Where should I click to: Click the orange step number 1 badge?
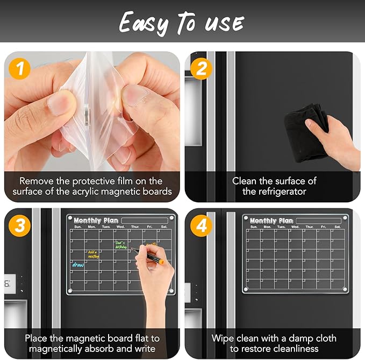coord(19,69)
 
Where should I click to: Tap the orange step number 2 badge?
coord(202,69)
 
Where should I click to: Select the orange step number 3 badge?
coord(19,226)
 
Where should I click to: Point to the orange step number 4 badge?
coord(202,226)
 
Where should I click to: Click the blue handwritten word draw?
coord(78,265)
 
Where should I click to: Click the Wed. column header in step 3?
coord(120,227)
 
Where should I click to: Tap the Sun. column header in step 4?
coord(253,227)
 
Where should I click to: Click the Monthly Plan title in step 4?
coord(271,221)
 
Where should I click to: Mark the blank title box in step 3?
coord(142,221)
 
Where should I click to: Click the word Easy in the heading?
coord(141,23)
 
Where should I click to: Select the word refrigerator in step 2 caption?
coord(274,191)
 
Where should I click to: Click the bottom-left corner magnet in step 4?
coord(246,290)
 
